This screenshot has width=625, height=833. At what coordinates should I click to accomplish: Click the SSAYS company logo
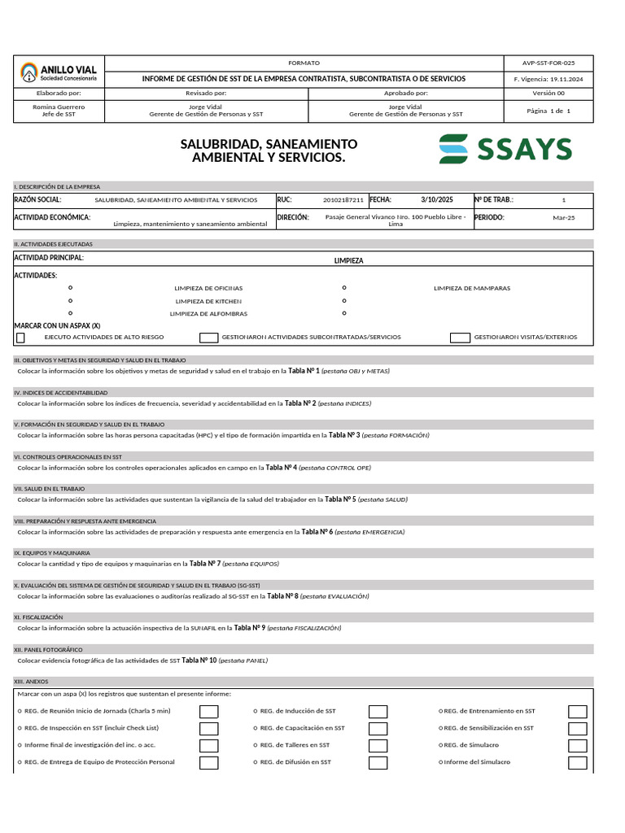point(505,149)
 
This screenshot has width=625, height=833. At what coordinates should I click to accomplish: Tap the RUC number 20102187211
point(343,199)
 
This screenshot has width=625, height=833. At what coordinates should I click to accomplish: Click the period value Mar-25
point(563,218)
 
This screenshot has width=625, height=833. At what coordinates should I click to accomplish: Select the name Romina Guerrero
point(58,107)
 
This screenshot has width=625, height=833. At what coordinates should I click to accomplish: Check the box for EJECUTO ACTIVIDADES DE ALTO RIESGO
point(20,338)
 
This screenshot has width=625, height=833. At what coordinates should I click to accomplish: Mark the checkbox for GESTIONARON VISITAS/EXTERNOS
point(460,338)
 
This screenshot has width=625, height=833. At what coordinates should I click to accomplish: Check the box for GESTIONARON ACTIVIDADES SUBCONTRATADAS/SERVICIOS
point(209,338)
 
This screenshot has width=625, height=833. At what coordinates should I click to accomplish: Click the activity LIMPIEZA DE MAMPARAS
point(472,288)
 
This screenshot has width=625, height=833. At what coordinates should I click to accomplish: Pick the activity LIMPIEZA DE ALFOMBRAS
point(208,313)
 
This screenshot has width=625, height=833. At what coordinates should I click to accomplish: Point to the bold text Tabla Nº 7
point(205,563)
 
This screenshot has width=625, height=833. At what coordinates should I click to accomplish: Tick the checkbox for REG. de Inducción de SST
point(378,711)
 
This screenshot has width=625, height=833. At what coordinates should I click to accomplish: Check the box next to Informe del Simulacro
point(578,762)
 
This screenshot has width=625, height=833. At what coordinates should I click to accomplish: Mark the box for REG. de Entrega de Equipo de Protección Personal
point(209,762)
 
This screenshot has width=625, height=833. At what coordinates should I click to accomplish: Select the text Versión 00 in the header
point(549,94)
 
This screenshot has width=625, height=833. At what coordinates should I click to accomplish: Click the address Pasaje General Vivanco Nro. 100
point(396,217)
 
